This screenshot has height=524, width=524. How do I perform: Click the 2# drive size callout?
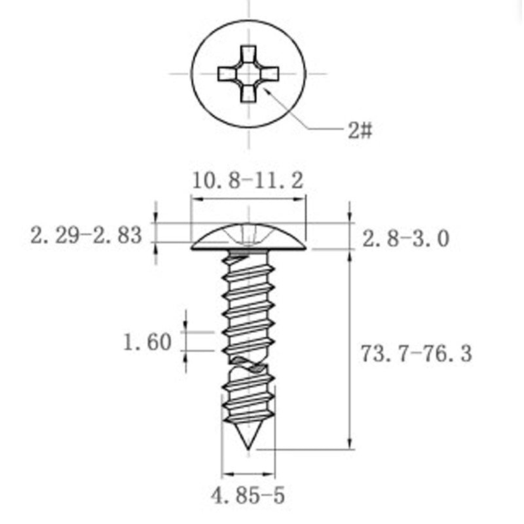(x=360, y=130)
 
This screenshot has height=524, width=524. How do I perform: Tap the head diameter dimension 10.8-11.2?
(x=248, y=181)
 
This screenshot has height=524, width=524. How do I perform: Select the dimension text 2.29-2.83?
(x=86, y=235)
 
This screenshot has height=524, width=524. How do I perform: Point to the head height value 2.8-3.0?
(x=405, y=239)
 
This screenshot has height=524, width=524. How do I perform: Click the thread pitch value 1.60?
(x=147, y=342)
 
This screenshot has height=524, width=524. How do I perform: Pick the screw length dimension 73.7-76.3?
(x=417, y=354)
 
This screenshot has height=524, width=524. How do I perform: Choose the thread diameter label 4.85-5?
(x=248, y=495)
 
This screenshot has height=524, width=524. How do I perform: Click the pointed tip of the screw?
(x=248, y=449)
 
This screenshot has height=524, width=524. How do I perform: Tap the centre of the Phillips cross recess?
(x=248, y=74)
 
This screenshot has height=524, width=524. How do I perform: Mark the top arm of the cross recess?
(x=248, y=54)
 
